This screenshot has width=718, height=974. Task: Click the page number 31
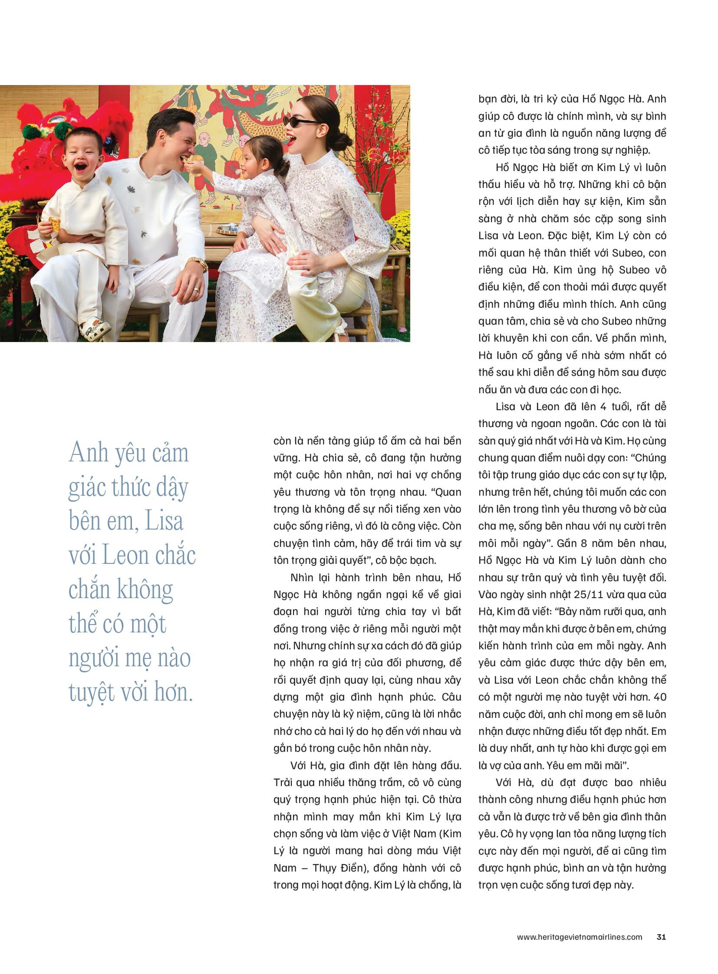click(x=661, y=937)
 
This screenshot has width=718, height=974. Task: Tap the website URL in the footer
click(x=579, y=937)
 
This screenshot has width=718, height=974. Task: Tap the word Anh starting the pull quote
click(x=88, y=453)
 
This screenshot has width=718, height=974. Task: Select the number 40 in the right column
click(x=659, y=697)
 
